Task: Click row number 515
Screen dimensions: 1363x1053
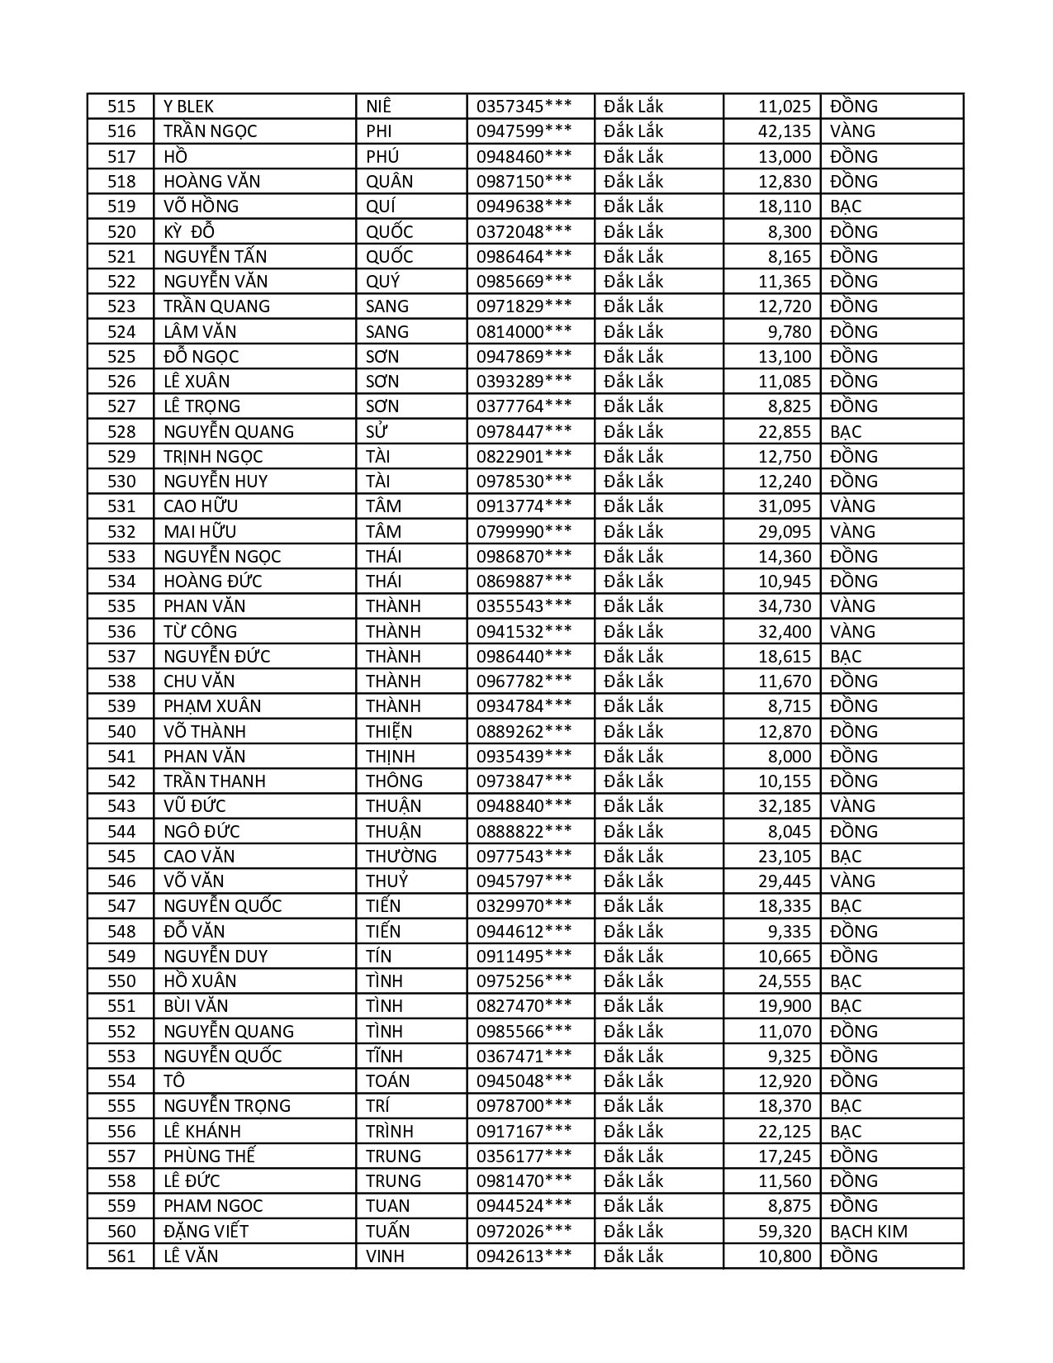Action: pyautogui.click(x=121, y=107)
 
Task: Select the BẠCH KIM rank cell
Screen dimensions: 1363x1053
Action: pyautogui.click(x=868, y=1232)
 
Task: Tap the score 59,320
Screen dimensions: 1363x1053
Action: pyautogui.click(x=784, y=1232)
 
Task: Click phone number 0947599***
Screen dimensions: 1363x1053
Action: pyautogui.click(x=524, y=131)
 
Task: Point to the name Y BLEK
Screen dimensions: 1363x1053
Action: pyautogui.click(x=188, y=107)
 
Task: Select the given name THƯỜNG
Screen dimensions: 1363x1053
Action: pyautogui.click(x=401, y=857)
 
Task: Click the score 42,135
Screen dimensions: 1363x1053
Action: pyautogui.click(x=784, y=131)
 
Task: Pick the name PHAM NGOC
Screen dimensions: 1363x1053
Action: pyautogui.click(x=213, y=1206)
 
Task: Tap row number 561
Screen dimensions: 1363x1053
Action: pyautogui.click(x=121, y=1256)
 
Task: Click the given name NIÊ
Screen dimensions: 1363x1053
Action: pyautogui.click(x=379, y=107)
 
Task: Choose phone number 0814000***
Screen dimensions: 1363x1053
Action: pyautogui.click(x=524, y=332)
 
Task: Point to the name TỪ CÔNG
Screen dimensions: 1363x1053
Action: pyautogui.click(x=200, y=632)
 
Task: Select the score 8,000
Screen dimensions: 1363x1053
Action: pyautogui.click(x=789, y=757)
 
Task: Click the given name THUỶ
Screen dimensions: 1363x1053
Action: pyautogui.click(x=387, y=881)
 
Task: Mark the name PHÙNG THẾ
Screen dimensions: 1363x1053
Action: pyautogui.click(x=209, y=1156)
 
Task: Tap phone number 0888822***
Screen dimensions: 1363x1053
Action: pyautogui.click(x=524, y=832)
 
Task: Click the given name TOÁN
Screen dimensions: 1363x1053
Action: pyautogui.click(x=388, y=1081)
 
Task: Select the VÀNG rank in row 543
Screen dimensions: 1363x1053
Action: pyautogui.click(x=852, y=806)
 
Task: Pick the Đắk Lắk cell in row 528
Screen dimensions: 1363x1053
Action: pyautogui.click(x=633, y=432)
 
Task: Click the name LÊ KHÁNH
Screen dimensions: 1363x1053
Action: pyautogui.click(x=202, y=1132)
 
